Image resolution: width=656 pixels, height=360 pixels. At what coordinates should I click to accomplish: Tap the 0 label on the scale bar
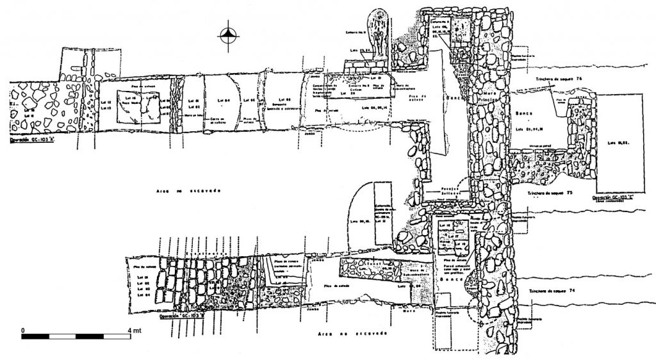[x=23, y=329]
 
